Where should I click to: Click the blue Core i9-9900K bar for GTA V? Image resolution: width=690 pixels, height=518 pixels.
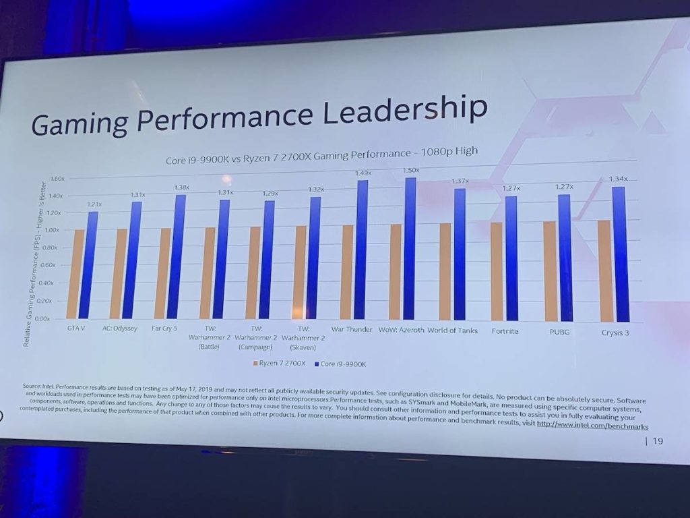(x=88, y=265)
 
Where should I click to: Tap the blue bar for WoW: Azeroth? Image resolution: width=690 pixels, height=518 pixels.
(x=410, y=250)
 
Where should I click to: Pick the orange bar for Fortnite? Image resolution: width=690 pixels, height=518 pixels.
(x=497, y=272)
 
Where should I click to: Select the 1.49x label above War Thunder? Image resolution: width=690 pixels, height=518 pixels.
(x=364, y=173)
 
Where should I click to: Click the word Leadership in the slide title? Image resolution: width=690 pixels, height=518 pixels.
(x=404, y=112)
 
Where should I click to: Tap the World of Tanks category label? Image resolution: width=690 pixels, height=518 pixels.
(x=453, y=330)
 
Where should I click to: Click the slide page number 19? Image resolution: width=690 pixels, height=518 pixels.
(x=657, y=441)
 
